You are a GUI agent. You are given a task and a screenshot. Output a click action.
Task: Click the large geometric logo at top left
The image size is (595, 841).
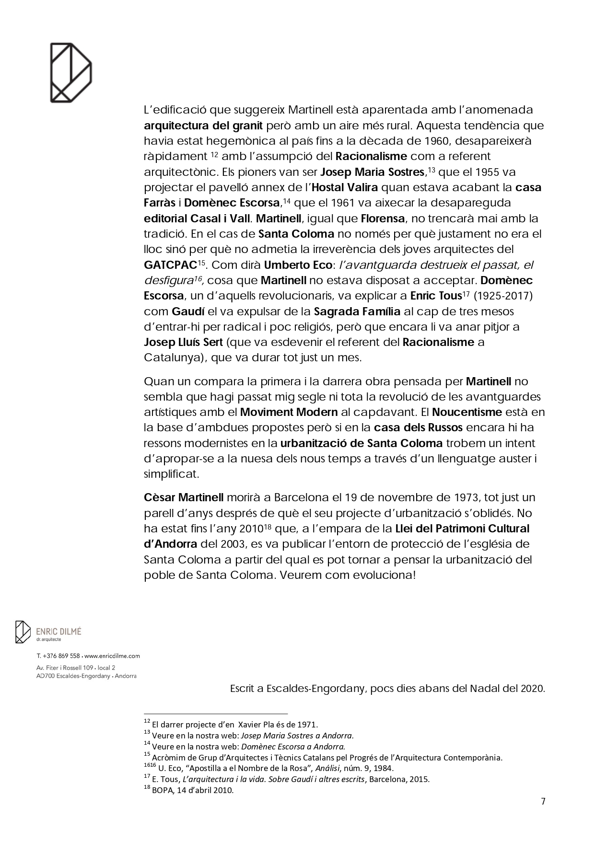(71, 72)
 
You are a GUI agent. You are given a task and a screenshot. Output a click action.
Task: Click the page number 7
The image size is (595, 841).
(543, 801)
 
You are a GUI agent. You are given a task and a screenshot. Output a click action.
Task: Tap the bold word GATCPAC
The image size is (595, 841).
(171, 265)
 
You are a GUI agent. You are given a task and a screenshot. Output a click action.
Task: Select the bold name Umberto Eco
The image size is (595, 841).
(298, 265)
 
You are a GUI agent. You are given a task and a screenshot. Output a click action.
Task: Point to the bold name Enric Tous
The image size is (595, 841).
(435, 296)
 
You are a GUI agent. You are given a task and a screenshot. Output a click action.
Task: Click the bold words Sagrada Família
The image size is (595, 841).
(357, 311)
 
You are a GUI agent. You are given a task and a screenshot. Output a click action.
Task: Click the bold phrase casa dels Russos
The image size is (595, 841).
(418, 427)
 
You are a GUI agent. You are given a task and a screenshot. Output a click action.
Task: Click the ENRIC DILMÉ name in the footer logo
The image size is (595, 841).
(58, 632)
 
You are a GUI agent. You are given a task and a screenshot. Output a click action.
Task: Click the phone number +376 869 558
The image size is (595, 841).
(62, 656)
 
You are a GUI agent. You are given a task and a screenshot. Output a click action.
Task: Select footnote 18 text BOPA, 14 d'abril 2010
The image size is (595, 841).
(193, 790)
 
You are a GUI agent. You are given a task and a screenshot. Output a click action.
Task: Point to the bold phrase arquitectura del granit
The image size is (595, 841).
(203, 126)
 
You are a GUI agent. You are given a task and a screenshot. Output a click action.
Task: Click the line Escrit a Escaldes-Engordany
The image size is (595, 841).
(387, 689)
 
